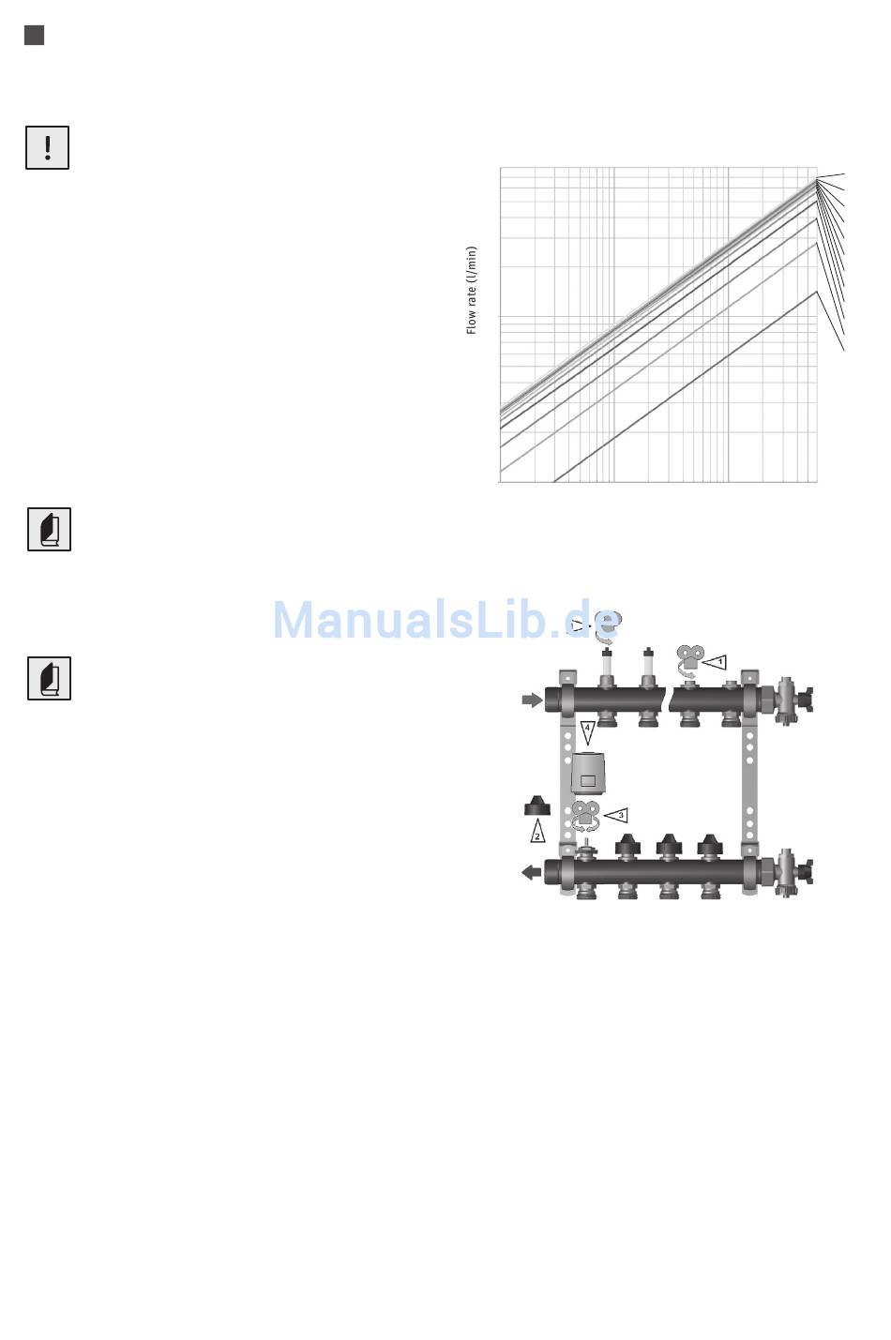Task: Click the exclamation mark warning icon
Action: pos(47,148)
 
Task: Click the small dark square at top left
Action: pos(34,36)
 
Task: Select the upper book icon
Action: pos(49,530)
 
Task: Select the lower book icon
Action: pos(49,678)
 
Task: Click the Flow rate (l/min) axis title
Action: pos(472,290)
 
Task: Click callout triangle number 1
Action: pos(715,662)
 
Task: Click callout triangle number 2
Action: pos(537,831)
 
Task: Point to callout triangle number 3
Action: pos(616,815)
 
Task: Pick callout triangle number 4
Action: pos(588,732)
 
